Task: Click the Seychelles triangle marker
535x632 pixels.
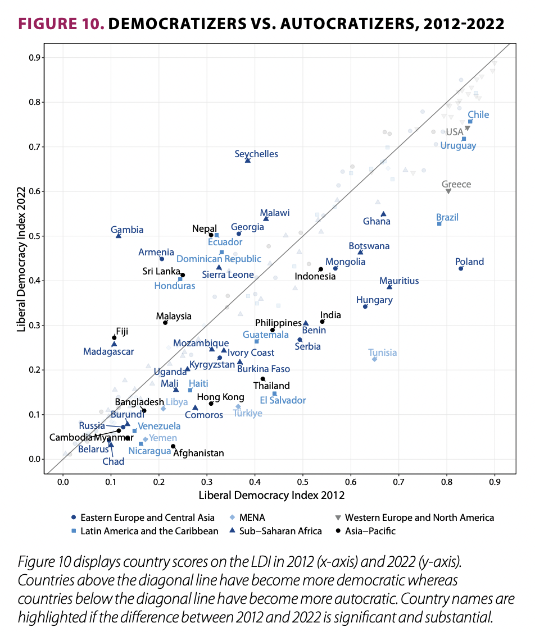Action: (x=248, y=161)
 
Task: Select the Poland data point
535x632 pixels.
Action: (x=461, y=269)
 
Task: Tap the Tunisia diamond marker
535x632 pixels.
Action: (x=374, y=359)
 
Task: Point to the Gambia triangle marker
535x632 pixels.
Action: (x=119, y=236)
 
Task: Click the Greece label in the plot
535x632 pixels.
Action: (x=456, y=184)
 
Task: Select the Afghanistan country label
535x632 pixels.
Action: (x=198, y=453)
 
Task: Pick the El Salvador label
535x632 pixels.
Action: (x=283, y=400)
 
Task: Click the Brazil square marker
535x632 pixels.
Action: (x=439, y=224)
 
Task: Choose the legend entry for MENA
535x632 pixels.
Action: (x=253, y=517)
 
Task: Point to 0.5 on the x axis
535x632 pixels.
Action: (x=303, y=482)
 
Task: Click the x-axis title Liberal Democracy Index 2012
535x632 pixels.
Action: (x=271, y=496)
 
